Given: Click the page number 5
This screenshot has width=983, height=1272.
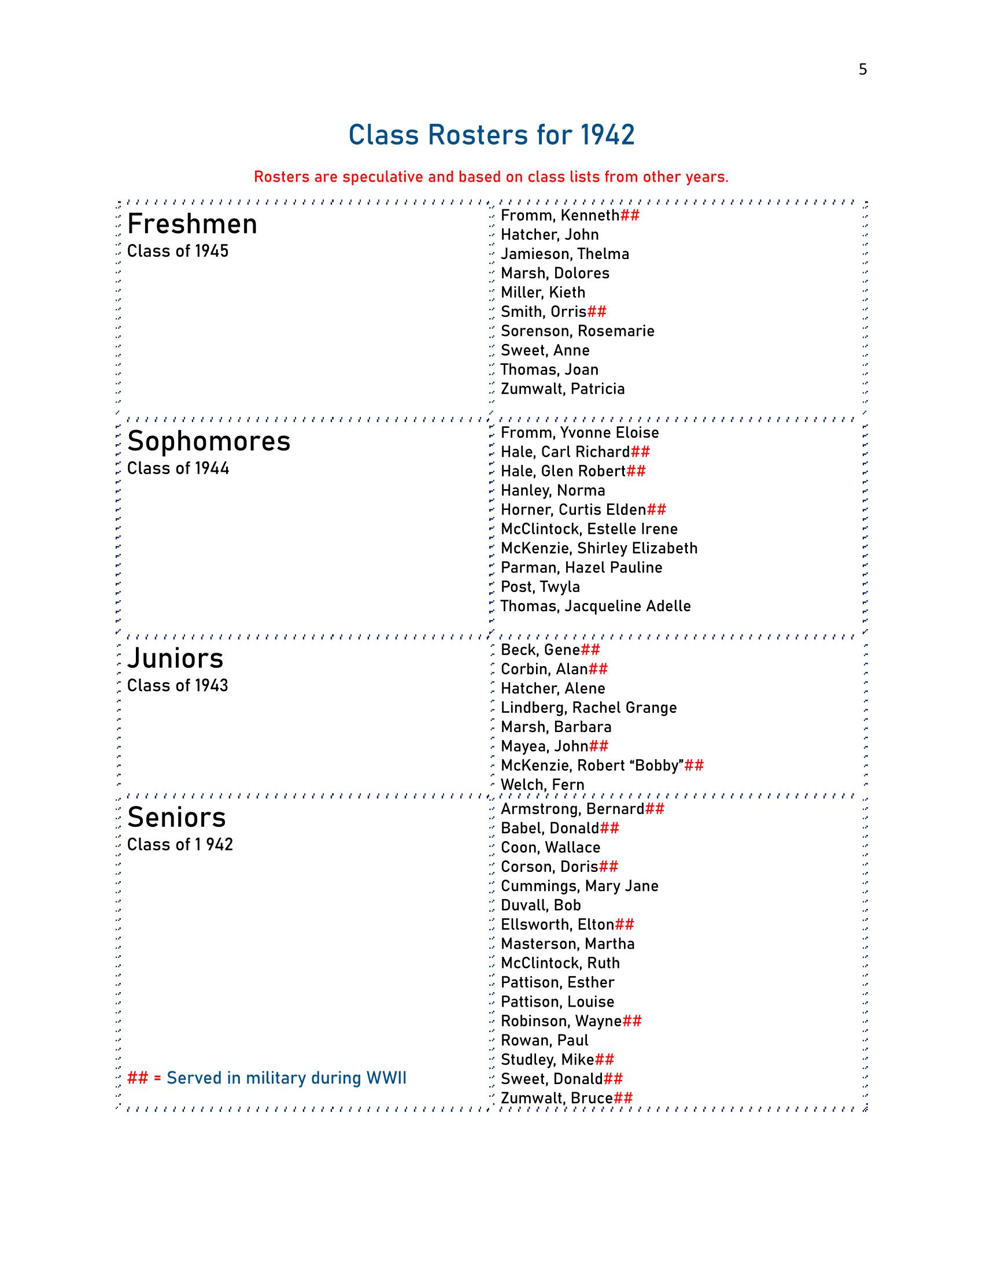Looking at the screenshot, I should pyautogui.click(x=863, y=70).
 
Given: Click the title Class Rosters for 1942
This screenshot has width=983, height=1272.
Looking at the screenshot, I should pyautogui.click(x=491, y=135).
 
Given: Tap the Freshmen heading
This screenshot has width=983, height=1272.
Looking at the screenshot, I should pyautogui.click(x=192, y=224).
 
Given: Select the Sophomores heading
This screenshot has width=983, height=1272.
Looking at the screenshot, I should pyautogui.click(x=209, y=442).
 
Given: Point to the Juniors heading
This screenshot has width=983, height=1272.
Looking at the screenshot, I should pyautogui.click(x=175, y=659).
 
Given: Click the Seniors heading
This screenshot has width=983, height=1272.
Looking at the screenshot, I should pyautogui.click(x=176, y=818).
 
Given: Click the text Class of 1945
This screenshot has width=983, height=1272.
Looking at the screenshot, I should pyautogui.click(x=178, y=252).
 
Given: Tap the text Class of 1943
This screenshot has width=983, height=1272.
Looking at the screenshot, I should pyautogui.click(x=178, y=686).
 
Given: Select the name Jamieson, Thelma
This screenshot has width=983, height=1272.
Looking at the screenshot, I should pyautogui.click(x=565, y=254).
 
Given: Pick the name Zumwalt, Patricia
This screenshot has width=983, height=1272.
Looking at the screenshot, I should pyautogui.click(x=563, y=389).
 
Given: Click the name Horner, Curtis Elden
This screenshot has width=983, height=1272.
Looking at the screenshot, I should pyautogui.click(x=573, y=510).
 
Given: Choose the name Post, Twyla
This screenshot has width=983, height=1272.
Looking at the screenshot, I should pyautogui.click(x=541, y=587).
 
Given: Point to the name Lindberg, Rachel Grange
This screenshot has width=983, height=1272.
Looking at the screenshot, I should pyautogui.click(x=589, y=708).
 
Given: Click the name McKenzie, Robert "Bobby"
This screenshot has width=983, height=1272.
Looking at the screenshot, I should pyautogui.click(x=592, y=766).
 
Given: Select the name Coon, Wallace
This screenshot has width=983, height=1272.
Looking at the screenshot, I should pyautogui.click(x=550, y=848).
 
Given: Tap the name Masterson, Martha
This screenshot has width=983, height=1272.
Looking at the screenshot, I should pyautogui.click(x=568, y=944).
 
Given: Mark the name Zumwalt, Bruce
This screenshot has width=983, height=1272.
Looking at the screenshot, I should pyautogui.click(x=557, y=1099).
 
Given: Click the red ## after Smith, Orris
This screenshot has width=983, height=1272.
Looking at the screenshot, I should pyautogui.click(x=597, y=312).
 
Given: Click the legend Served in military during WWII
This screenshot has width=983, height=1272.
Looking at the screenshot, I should pyautogui.click(x=286, y=1079).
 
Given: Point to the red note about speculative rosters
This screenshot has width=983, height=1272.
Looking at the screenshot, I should pyautogui.click(x=491, y=177).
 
